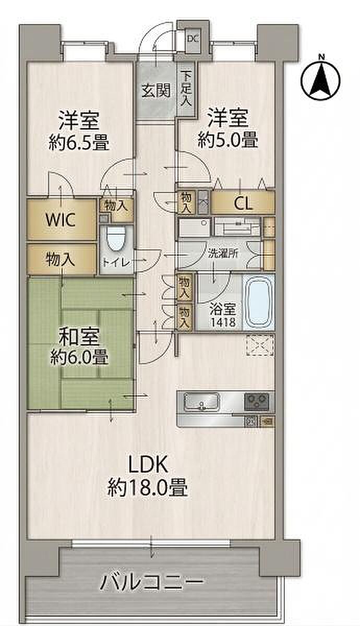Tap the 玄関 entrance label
156,91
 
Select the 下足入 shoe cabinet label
186,89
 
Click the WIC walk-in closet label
61,220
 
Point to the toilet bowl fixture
116,239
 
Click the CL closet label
243,204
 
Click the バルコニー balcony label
151,580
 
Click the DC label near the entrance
193,39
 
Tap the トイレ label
117,263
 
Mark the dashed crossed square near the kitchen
260,345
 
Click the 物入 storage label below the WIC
61,260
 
